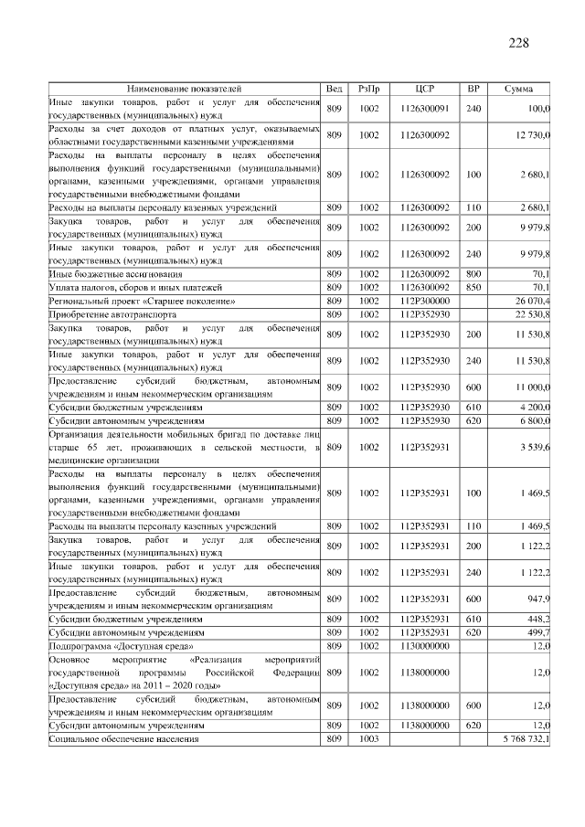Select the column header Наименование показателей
point(184,89)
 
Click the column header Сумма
point(520,89)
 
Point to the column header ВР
point(473,89)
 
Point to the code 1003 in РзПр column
point(369,737)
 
